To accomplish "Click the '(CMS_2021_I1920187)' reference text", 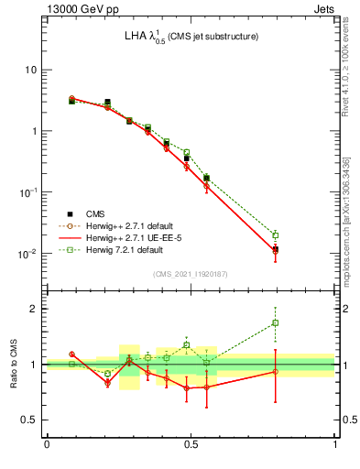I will (x=190, y=274).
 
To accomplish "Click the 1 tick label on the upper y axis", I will (x=34, y=131).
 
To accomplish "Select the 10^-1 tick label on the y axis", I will (x=27, y=191).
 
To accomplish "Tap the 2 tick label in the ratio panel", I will (x=34, y=309).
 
